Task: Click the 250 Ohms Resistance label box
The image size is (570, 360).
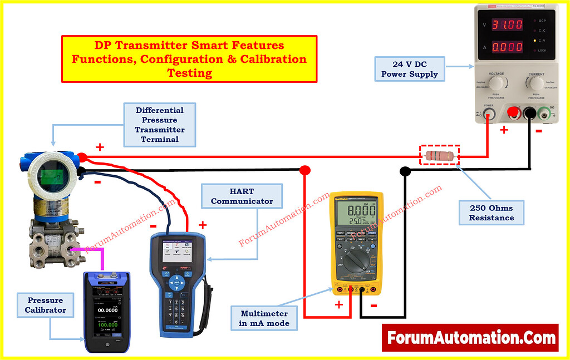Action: tap(491, 213)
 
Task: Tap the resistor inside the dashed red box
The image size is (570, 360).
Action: tap(439, 156)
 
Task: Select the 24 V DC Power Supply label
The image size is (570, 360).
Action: tap(409, 70)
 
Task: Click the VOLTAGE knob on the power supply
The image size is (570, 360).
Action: tap(497, 83)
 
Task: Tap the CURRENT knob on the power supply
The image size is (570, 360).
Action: tap(536, 83)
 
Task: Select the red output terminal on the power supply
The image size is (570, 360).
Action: tap(513, 114)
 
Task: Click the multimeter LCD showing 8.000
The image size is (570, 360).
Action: tap(356, 215)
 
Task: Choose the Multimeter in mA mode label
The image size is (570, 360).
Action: tap(265, 318)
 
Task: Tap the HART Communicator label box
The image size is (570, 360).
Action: tap(242, 196)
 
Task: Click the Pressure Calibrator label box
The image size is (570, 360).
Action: tap(45, 305)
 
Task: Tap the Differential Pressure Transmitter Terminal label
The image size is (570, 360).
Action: tap(159, 125)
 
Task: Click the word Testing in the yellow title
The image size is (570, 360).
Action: tap(189, 73)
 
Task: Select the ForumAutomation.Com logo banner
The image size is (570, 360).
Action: tap(470, 338)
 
